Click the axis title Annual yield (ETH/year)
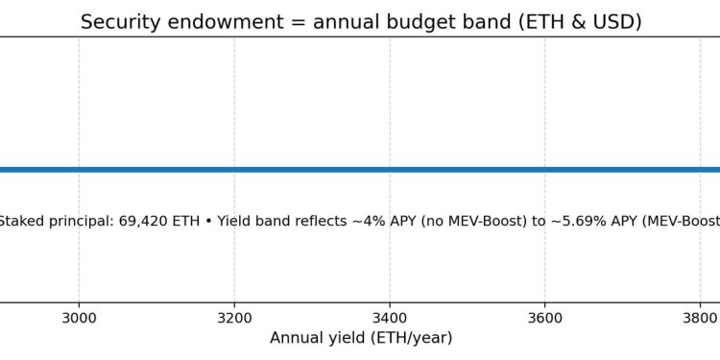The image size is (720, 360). (361, 338)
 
